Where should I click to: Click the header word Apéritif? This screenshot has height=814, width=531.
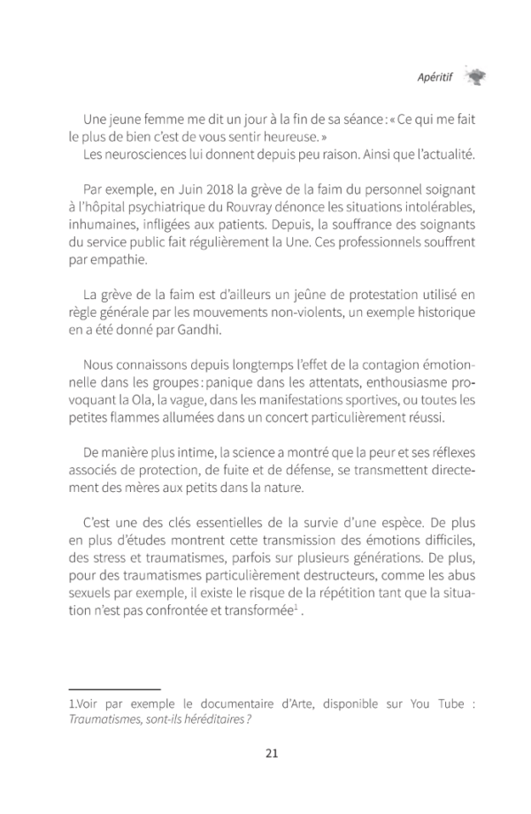click(x=434, y=77)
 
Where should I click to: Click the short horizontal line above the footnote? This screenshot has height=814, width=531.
click(x=114, y=687)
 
